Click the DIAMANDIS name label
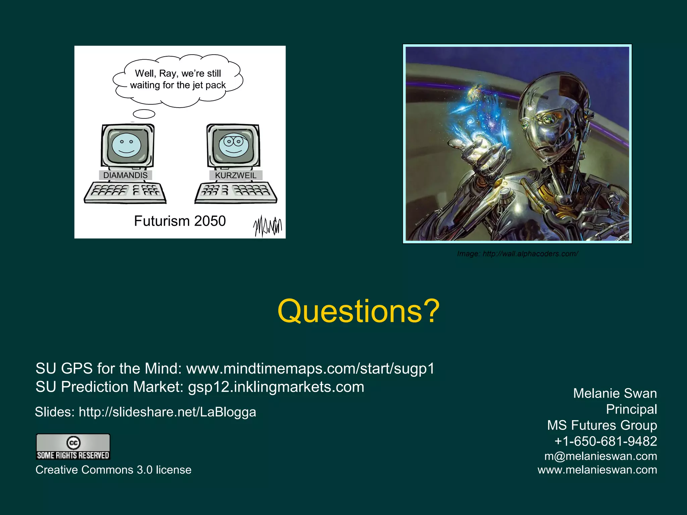click(125, 175)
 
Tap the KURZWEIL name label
click(235, 175)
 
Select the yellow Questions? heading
click(358, 311)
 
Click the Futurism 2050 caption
click(180, 221)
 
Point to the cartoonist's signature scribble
click(267, 226)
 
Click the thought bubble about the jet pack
click(178, 80)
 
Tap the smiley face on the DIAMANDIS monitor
click(126, 145)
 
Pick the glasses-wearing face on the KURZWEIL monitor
click(234, 145)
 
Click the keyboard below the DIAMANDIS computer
click(125, 193)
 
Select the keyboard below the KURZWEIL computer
click(236, 193)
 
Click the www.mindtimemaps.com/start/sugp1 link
click(310, 368)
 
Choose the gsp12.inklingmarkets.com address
click(276, 387)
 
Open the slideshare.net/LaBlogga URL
click(167, 412)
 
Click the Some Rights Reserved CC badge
click(73, 447)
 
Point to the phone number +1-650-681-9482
click(605, 441)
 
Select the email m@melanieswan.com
click(600, 456)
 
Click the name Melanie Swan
click(615, 393)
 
